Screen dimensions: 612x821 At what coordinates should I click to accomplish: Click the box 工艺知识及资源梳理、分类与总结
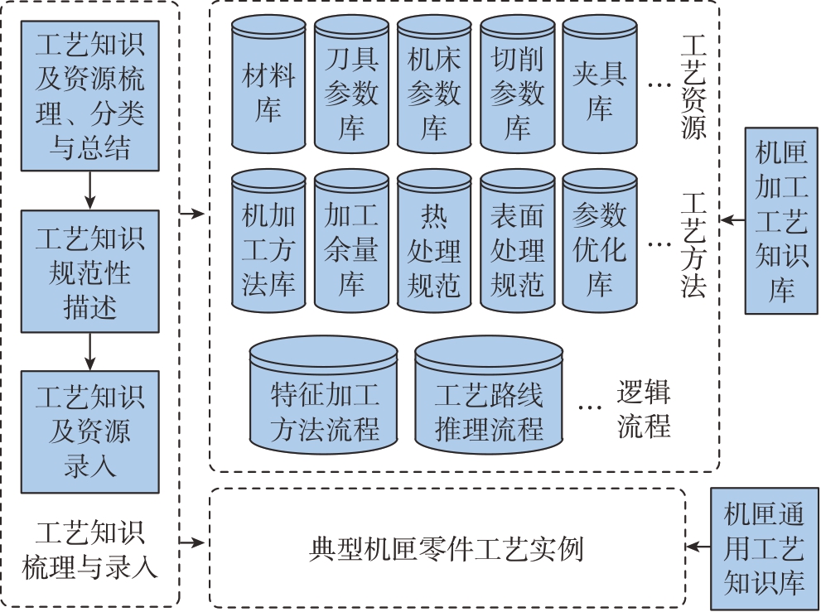point(89,96)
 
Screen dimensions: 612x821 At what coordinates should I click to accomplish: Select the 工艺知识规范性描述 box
point(89,272)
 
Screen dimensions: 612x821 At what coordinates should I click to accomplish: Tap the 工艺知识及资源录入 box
point(89,431)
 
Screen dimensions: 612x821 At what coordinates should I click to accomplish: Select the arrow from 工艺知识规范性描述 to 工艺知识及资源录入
point(89,353)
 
